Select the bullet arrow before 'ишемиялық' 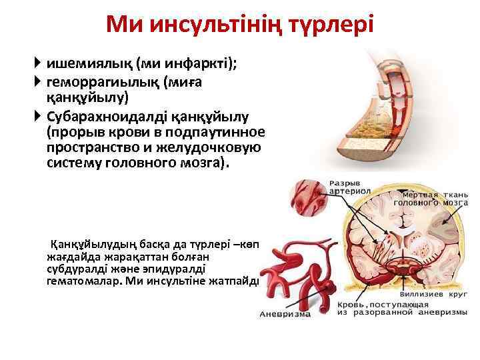click(39, 63)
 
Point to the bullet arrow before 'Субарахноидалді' click(39, 116)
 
